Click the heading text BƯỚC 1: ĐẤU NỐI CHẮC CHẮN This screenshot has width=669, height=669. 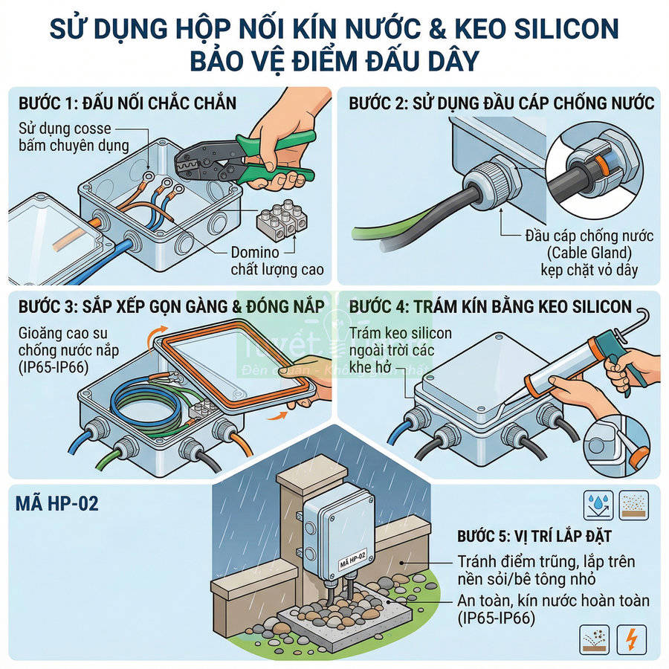click(x=128, y=103)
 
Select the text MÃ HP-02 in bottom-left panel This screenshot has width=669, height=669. click(x=57, y=505)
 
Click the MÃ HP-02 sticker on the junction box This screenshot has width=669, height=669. click(x=351, y=556)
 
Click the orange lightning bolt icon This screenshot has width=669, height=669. click(x=633, y=639)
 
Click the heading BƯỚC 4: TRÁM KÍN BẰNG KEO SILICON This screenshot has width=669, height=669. click(x=491, y=307)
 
